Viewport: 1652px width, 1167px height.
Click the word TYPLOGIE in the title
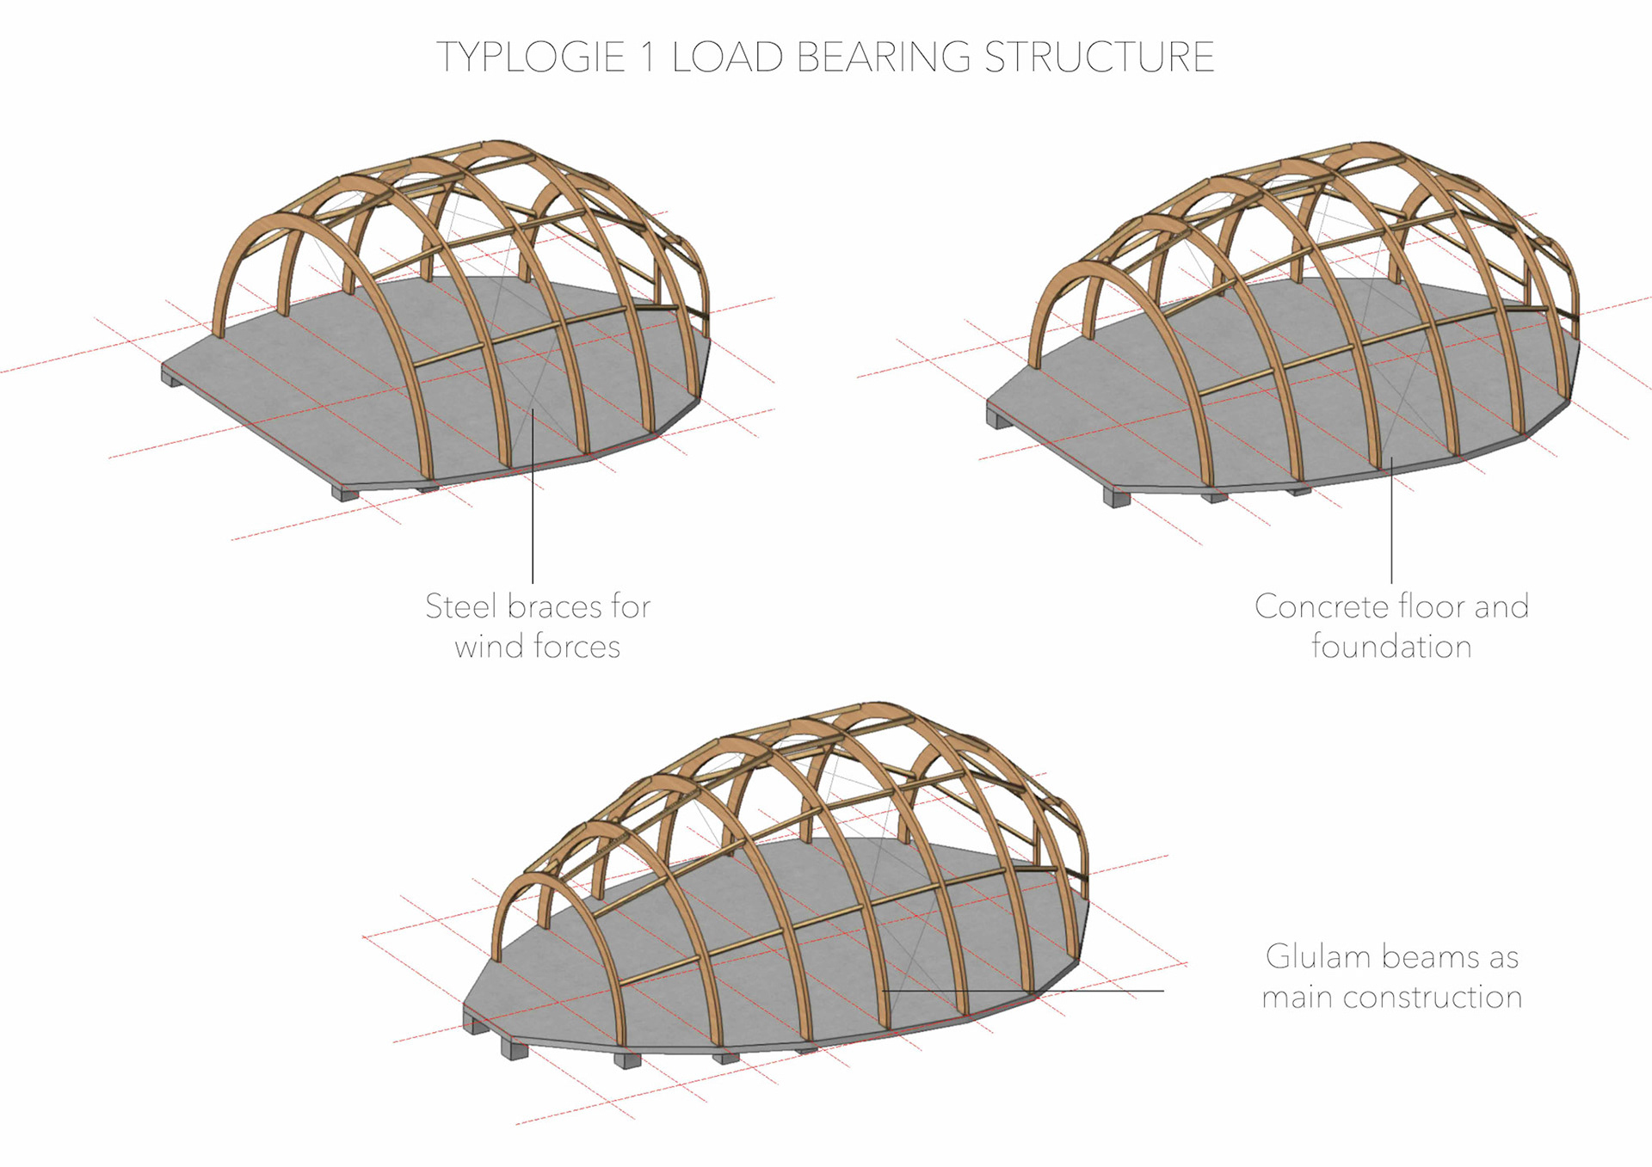[530, 58]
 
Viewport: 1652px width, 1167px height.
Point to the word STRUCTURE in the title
[1099, 58]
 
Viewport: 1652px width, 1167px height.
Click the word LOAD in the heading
[727, 58]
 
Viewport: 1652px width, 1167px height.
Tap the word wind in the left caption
[488, 647]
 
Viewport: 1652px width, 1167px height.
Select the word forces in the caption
[576, 647]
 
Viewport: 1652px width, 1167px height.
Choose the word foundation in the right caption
[1391, 647]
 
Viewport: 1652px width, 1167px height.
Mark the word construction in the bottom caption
[1433, 998]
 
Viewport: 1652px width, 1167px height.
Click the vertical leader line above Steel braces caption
[533, 516]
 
